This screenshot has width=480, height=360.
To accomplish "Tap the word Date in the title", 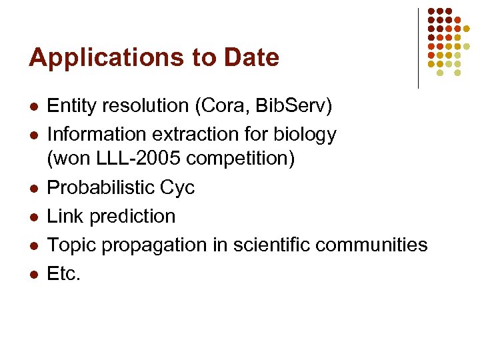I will point(252,58).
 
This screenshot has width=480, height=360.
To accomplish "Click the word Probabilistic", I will point(101,188).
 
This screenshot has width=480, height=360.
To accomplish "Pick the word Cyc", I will point(178,188).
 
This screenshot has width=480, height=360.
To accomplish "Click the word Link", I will point(65,217).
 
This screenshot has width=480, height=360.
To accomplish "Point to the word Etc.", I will point(63,273).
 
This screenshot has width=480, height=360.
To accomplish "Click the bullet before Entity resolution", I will point(33,107).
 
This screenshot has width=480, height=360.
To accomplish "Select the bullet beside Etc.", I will point(33,275).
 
